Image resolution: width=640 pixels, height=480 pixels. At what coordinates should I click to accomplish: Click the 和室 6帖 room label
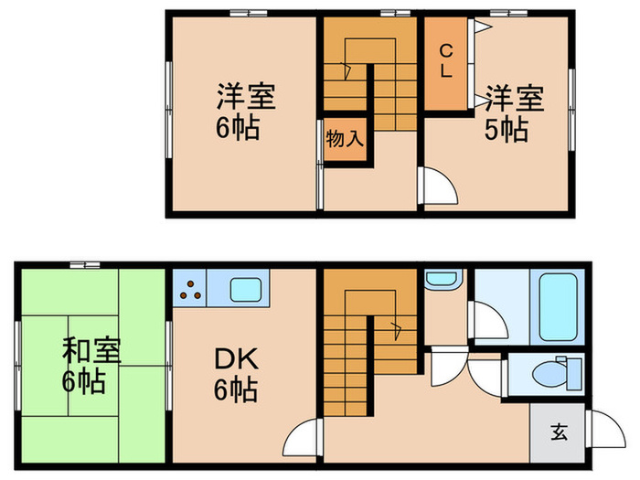(82, 363)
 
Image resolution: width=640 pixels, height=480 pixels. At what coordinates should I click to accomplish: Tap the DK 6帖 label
(235, 375)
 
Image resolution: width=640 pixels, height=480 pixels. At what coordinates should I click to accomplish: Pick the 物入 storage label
(346, 140)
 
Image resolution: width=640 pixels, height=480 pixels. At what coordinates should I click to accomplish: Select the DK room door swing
(304, 434)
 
